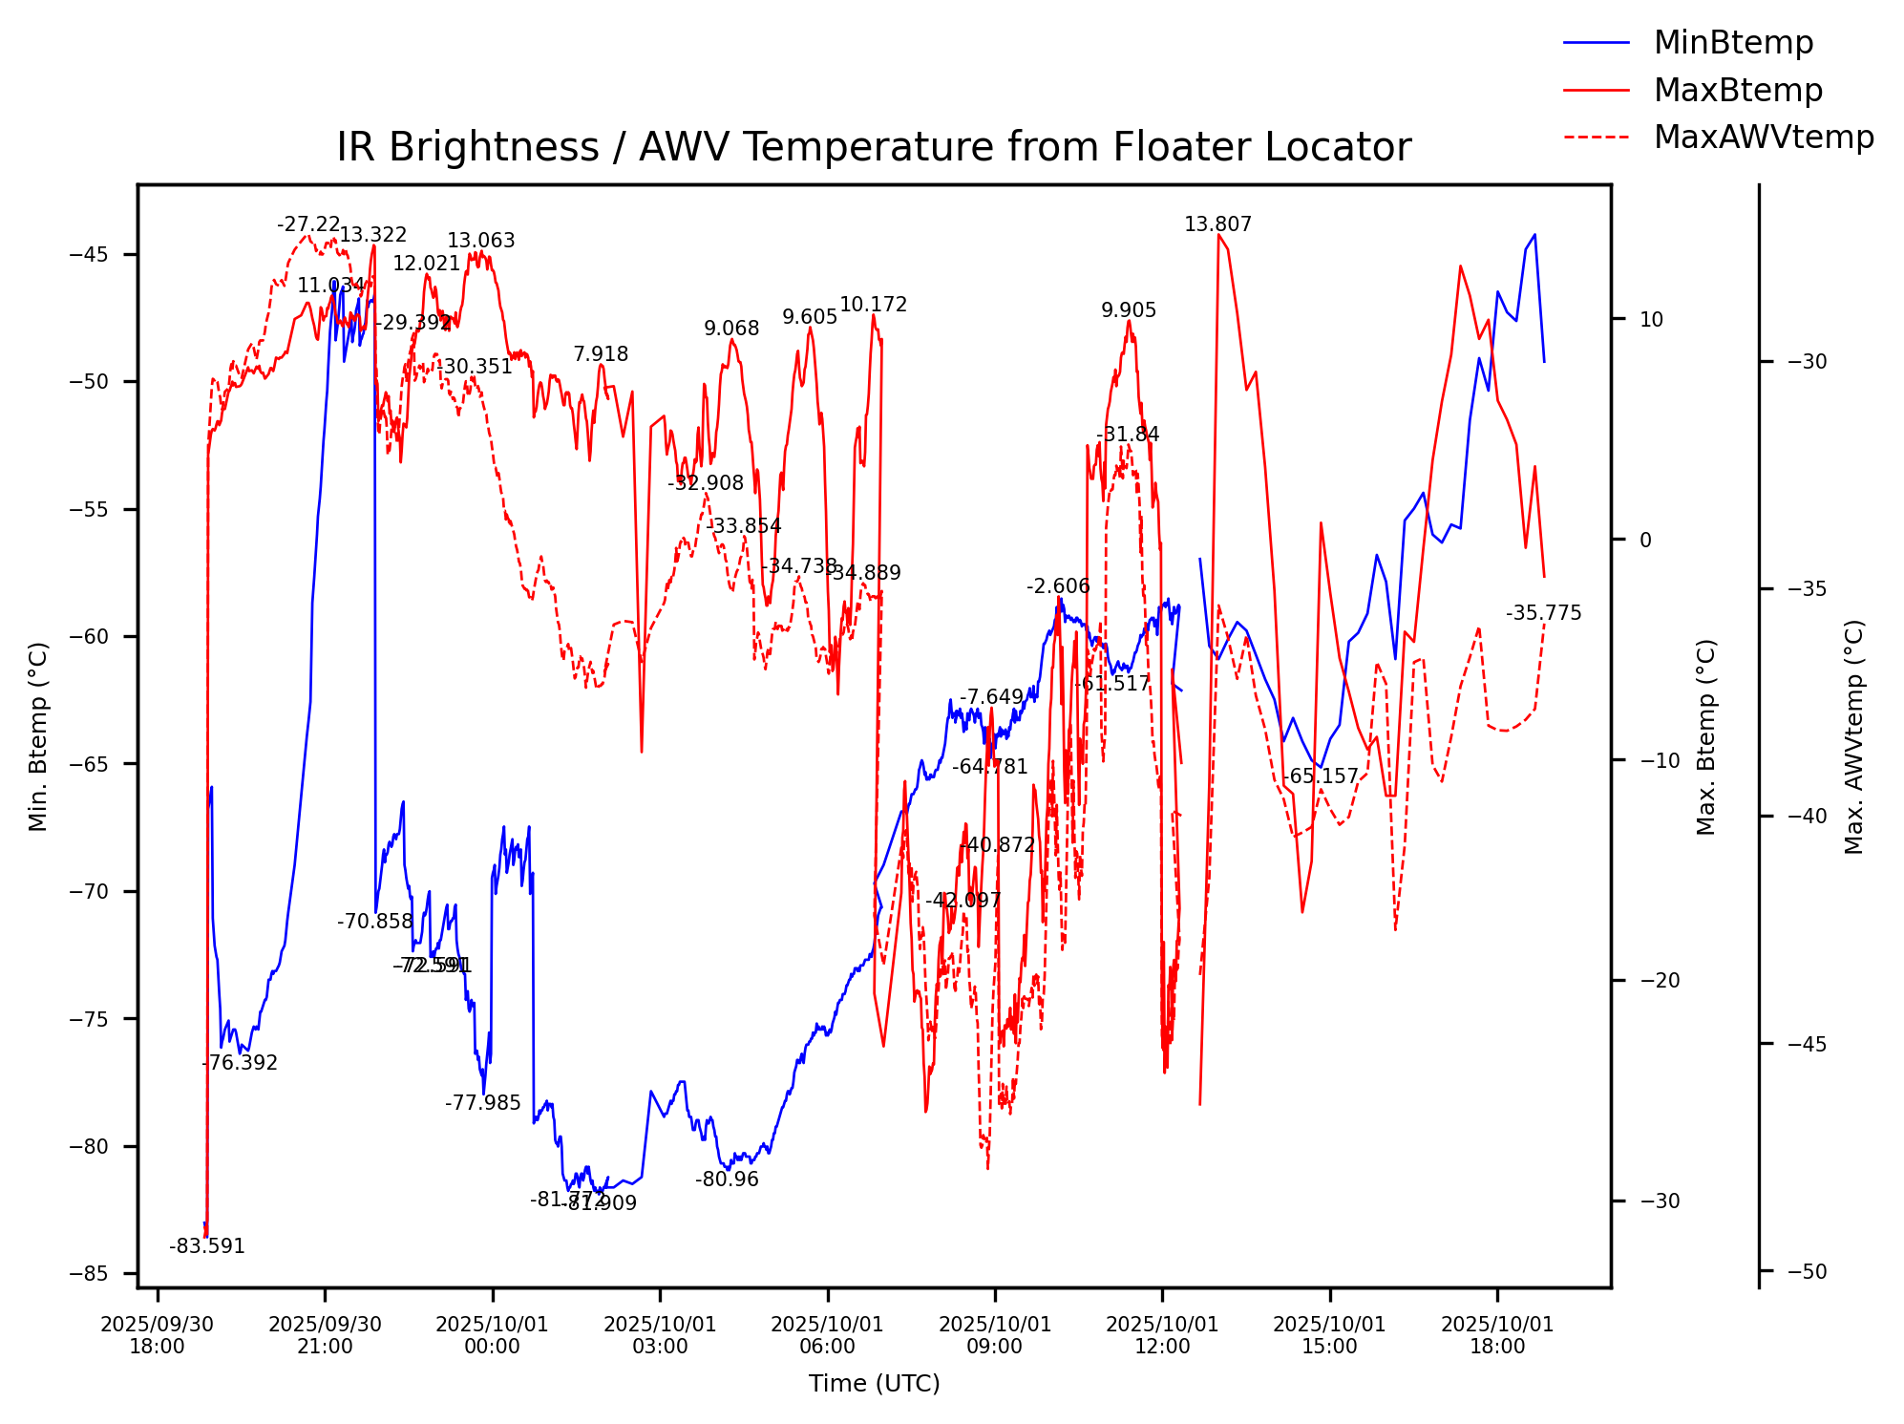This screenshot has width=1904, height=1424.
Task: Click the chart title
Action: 874,148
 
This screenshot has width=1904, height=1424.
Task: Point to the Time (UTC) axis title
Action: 874,1383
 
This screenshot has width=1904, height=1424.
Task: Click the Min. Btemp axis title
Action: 38,736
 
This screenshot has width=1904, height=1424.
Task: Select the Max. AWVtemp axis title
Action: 1853,736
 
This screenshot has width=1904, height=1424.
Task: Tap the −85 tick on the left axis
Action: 90,1273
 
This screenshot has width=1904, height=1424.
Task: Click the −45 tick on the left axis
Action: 90,254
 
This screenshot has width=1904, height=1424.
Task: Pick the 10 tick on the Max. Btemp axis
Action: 1651,319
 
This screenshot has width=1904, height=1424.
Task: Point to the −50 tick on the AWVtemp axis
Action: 1806,1271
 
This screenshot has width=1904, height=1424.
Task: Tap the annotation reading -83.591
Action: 207,1246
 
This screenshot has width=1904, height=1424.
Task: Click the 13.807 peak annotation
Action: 1217,224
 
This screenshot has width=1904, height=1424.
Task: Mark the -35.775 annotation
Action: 1543,613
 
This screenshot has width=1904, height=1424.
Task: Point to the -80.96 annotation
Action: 727,1180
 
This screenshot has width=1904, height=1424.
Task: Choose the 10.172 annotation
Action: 873,305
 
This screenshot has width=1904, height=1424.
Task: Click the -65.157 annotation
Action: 1320,776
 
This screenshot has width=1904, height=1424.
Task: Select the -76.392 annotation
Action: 240,1063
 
